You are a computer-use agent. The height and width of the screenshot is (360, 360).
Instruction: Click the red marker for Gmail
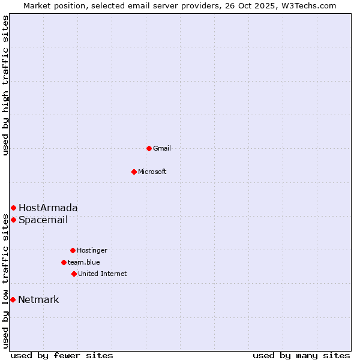pyautogui.click(x=149, y=148)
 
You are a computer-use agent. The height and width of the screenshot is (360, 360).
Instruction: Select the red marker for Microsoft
pyautogui.click(x=134, y=172)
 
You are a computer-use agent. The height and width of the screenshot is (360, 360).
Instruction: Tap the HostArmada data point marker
pyautogui.click(x=13, y=208)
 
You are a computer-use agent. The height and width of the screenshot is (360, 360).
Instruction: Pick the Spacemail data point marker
pyautogui.click(x=13, y=220)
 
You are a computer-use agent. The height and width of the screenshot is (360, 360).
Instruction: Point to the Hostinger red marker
pyautogui.click(x=73, y=250)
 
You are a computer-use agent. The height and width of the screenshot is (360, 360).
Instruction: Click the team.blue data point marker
pyautogui.click(x=64, y=262)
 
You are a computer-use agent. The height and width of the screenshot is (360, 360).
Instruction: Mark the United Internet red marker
pyautogui.click(x=74, y=274)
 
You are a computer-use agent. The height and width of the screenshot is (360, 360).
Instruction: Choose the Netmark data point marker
pyautogui.click(x=13, y=299)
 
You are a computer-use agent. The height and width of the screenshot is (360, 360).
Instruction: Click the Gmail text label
pyautogui.click(x=162, y=148)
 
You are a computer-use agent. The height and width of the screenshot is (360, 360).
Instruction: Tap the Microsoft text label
pyautogui.click(x=152, y=172)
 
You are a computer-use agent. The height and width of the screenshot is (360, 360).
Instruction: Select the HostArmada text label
pyautogui.click(x=48, y=208)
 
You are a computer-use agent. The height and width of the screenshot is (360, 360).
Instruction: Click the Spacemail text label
pyautogui.click(x=43, y=220)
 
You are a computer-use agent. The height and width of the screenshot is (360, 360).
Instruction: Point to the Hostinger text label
pyautogui.click(x=92, y=250)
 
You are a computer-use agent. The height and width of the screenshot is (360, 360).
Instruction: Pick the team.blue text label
pyautogui.click(x=84, y=262)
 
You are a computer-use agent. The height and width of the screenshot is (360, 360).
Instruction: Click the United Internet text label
pyautogui.click(x=103, y=274)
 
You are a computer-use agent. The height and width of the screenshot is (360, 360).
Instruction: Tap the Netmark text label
pyautogui.click(x=39, y=299)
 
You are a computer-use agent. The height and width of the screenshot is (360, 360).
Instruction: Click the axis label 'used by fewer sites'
pyautogui.click(x=62, y=355)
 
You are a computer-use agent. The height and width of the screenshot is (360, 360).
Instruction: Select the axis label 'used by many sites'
pyautogui.click(x=301, y=355)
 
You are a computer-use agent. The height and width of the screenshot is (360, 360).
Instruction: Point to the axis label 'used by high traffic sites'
pyautogui.click(x=5, y=85)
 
